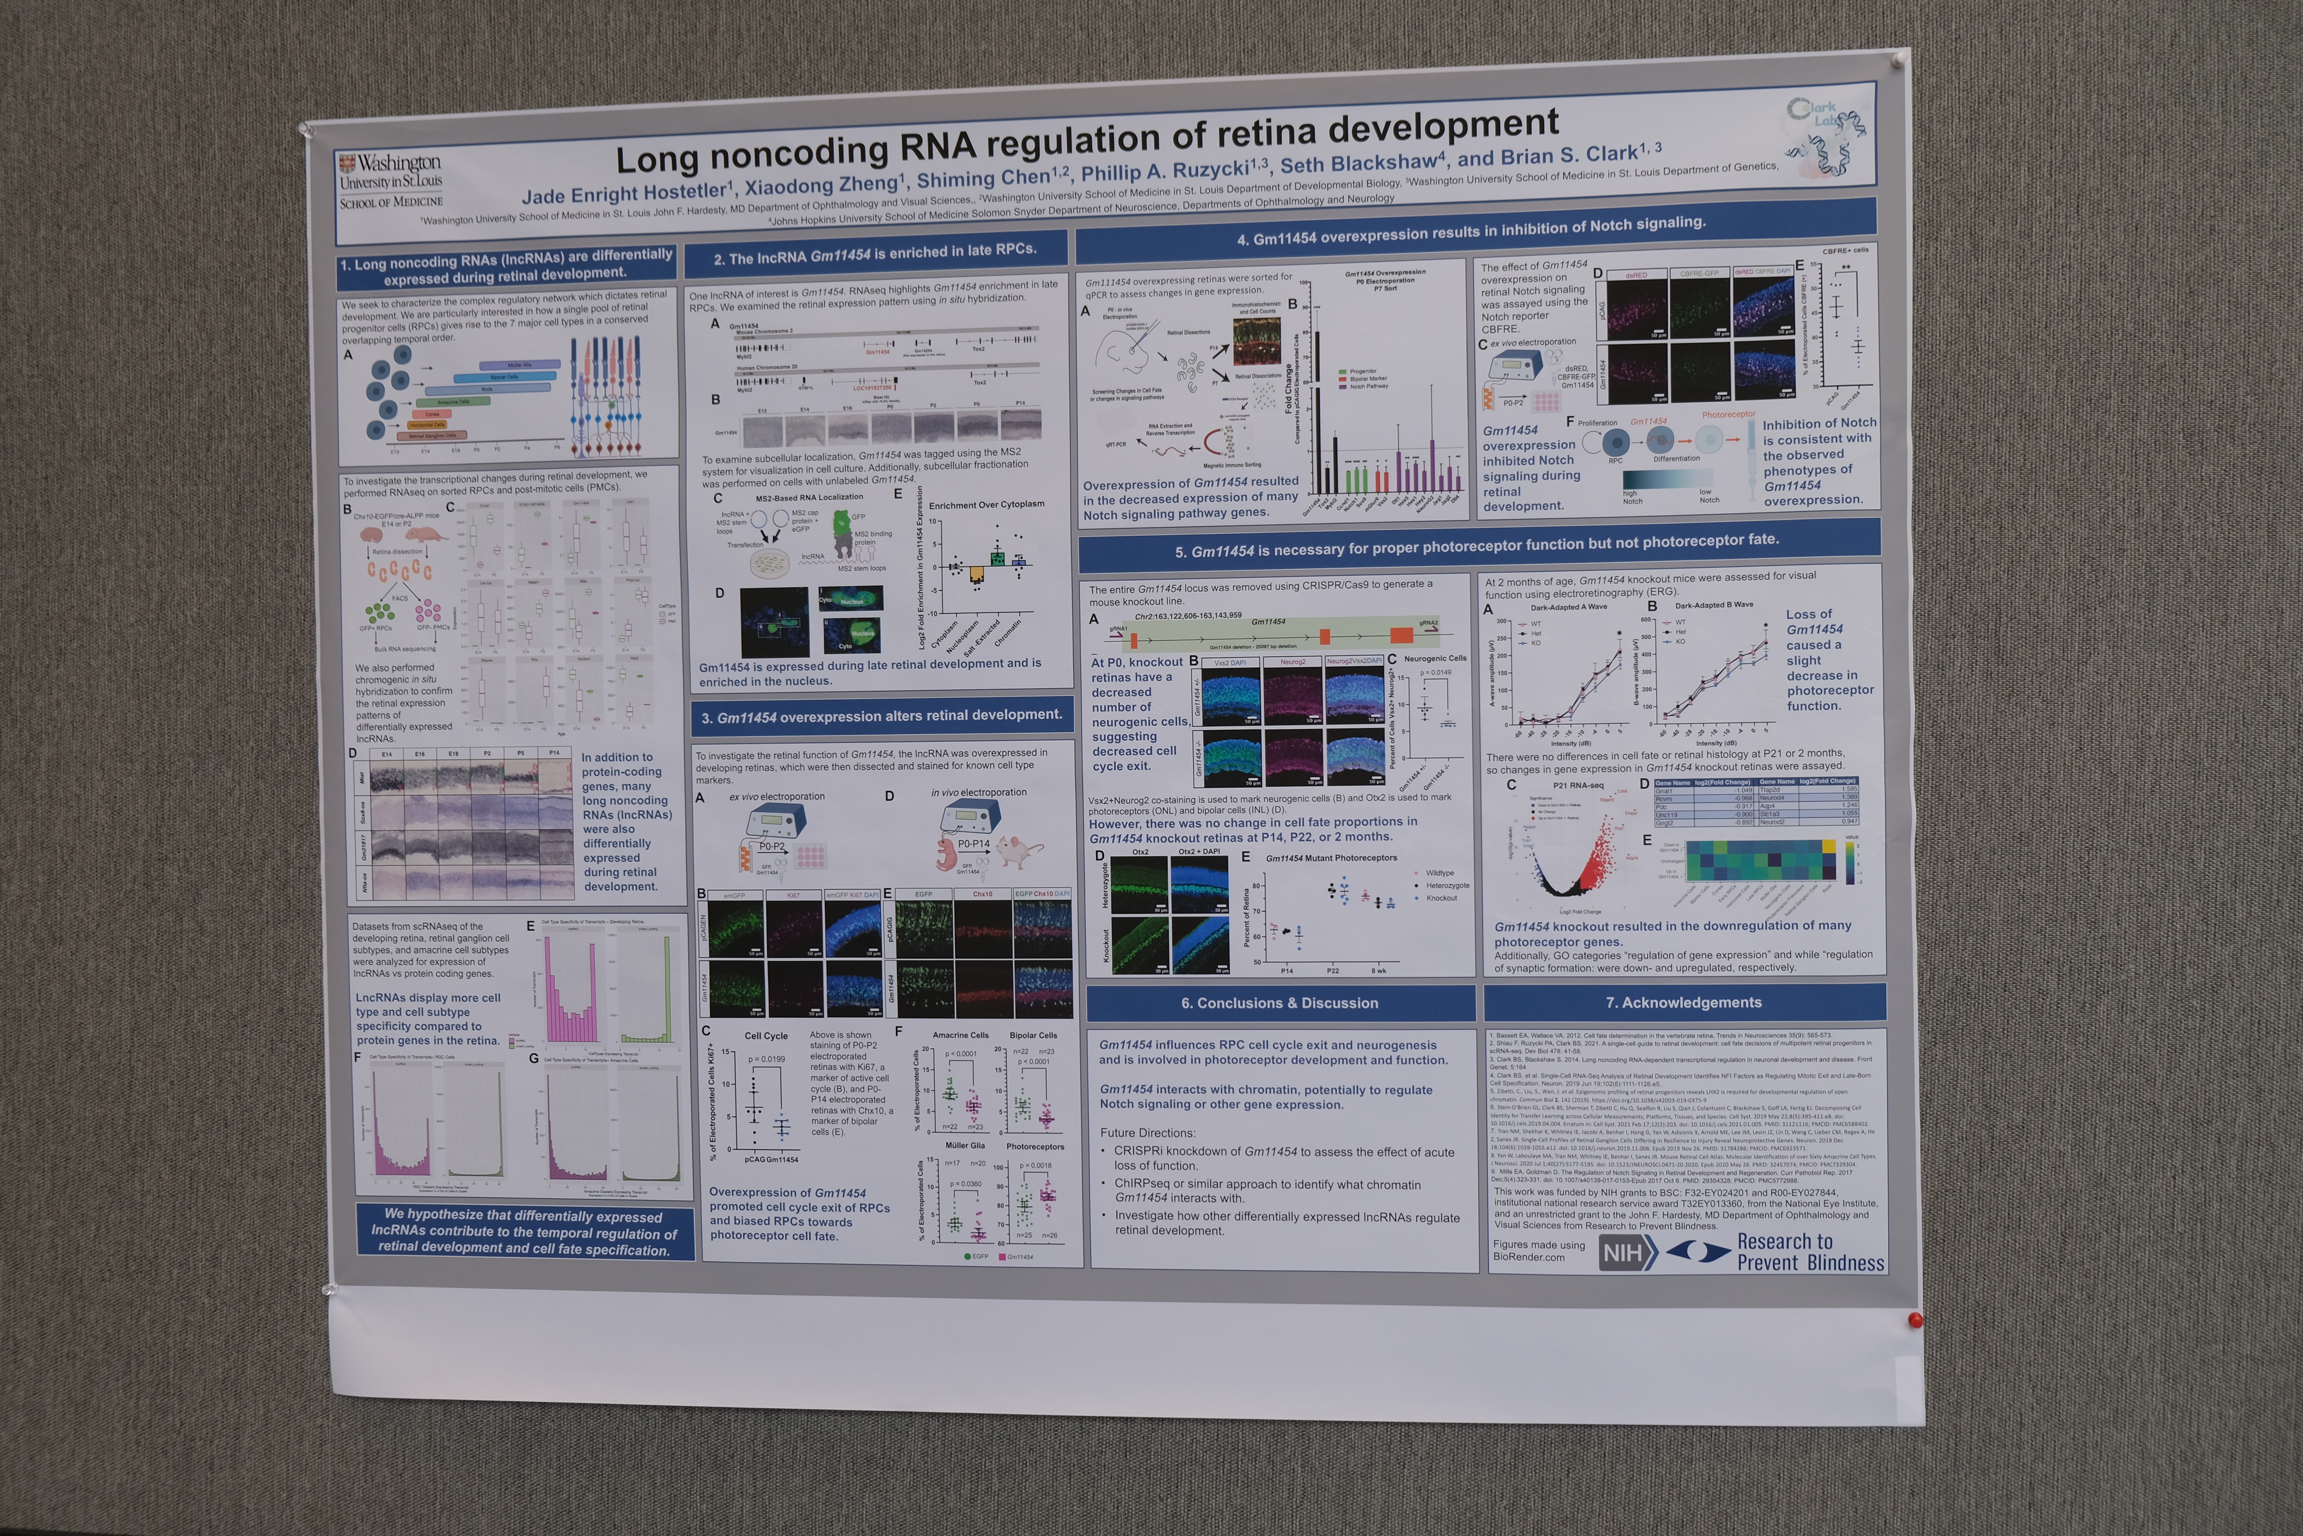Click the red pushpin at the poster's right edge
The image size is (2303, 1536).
click(1915, 1320)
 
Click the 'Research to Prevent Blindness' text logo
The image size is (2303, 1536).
click(1810, 1252)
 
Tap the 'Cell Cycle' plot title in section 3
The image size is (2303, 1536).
click(766, 1035)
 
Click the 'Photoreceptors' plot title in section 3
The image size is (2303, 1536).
click(1035, 1146)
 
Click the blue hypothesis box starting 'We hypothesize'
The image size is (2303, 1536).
click(524, 1231)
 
